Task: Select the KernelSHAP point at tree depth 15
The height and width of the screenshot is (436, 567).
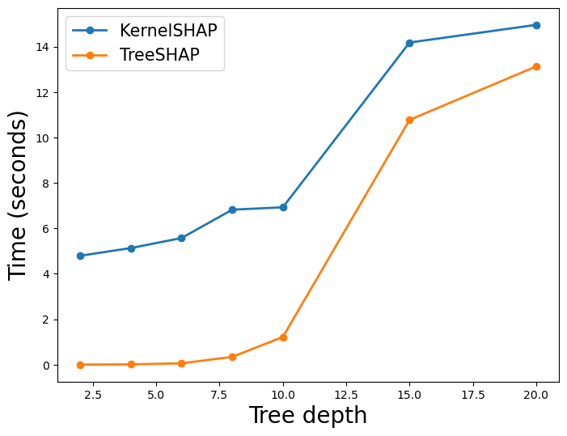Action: tap(409, 43)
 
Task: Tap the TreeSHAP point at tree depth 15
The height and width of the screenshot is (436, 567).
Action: tap(409, 120)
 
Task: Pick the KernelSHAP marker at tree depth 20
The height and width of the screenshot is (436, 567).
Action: tap(536, 25)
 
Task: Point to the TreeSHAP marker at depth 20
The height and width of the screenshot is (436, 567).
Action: tap(536, 66)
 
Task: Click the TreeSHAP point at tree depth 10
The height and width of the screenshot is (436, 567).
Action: tap(283, 337)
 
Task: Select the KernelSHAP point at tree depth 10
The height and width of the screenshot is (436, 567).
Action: tap(283, 207)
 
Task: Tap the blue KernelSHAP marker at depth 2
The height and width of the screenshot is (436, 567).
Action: tap(80, 256)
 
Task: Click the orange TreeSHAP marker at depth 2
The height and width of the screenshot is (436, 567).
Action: tap(80, 365)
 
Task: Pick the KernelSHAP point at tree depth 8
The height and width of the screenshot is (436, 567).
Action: tap(232, 210)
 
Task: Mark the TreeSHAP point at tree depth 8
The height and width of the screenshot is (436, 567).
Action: tap(232, 357)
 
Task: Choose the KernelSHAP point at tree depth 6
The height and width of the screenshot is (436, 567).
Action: tap(181, 238)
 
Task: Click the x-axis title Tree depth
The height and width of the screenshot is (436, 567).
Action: tap(307, 416)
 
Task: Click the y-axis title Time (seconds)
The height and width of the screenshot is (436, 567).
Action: tap(19, 195)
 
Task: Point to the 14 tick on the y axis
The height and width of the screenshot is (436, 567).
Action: tap(41, 47)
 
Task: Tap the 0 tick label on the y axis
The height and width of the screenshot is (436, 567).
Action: tap(44, 365)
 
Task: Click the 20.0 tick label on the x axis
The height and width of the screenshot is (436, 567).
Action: tap(536, 395)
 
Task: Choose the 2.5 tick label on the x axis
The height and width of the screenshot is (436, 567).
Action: tap(93, 395)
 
